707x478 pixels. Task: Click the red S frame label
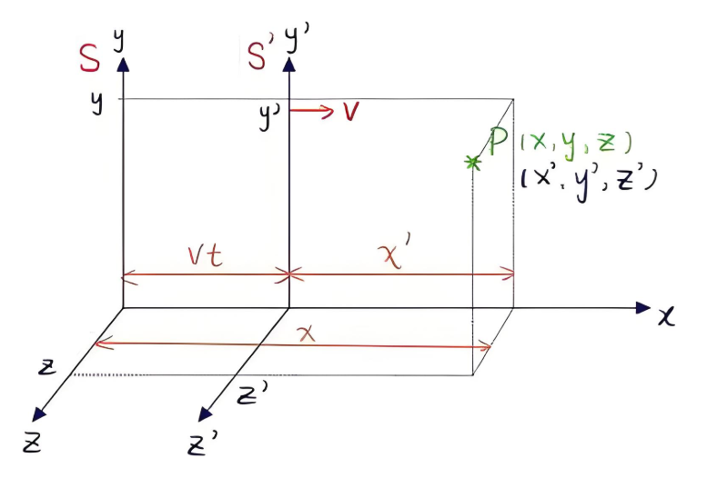pos(89,58)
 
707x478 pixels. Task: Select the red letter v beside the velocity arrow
pos(351,111)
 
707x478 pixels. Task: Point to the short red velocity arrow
pos(311,111)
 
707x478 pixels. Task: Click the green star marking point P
pos(472,163)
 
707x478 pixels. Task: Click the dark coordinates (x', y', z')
pos(589,182)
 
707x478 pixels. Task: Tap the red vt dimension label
pos(206,256)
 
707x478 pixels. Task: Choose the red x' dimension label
pos(397,255)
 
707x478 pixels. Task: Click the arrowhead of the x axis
pos(642,308)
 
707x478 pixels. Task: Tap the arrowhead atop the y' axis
pos(289,64)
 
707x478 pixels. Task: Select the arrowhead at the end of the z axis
pos(38,414)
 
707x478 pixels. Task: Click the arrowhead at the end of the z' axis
pos(205,414)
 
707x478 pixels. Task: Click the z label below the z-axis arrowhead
pos(32,443)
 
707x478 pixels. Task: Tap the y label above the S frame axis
pos(119,40)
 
